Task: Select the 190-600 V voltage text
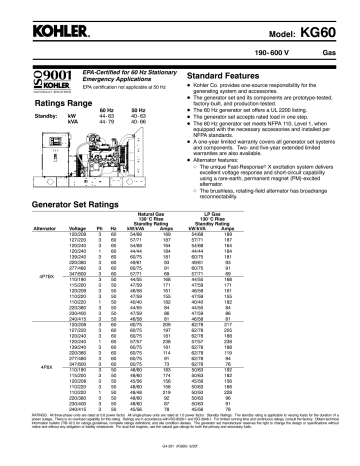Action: tap(277, 49)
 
